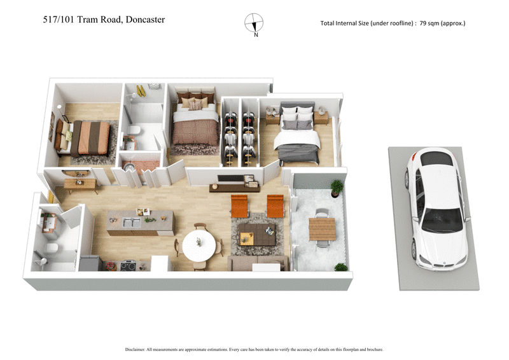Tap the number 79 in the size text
tap(423, 24)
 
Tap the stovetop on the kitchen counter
tap(128, 265)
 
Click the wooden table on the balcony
tap(321, 228)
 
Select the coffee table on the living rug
tap(257, 234)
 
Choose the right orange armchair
tap(275, 205)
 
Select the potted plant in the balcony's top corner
tap(336, 186)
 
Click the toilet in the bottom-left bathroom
tap(53, 246)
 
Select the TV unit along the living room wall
tap(235, 186)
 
